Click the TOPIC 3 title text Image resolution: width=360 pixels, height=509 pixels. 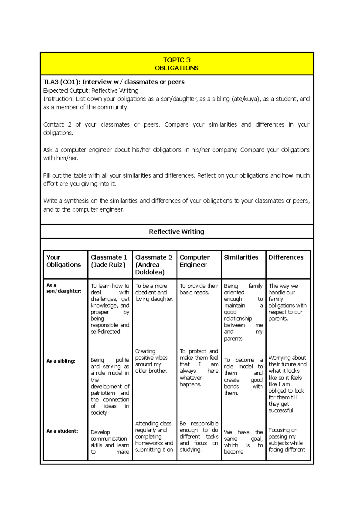click(177, 60)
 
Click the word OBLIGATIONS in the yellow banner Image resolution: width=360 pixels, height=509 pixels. click(177, 68)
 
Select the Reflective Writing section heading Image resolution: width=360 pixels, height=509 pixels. click(177, 232)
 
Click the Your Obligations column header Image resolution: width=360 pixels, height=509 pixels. click(63, 261)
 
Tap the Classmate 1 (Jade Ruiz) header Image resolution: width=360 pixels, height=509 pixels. click(109, 261)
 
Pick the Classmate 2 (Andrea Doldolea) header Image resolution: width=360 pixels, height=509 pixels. click(153, 265)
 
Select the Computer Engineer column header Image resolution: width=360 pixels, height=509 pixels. click(194, 261)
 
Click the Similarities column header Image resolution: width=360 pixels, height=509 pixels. click(241, 257)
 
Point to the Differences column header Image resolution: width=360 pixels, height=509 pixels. click(286, 257)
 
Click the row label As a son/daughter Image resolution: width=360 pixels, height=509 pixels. click(64, 288)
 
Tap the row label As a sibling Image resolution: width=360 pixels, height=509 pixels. click(61, 361)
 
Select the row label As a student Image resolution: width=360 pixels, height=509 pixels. click(62, 431)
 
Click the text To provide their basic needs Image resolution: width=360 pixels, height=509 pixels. click(199, 289)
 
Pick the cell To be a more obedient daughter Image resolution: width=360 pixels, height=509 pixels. click(154, 293)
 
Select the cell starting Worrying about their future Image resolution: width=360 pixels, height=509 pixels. click(287, 384)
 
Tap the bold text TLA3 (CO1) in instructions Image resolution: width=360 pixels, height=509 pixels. click(61, 82)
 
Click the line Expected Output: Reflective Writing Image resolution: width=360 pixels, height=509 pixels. click(91, 91)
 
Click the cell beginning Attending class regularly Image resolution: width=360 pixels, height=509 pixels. click(154, 436)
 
